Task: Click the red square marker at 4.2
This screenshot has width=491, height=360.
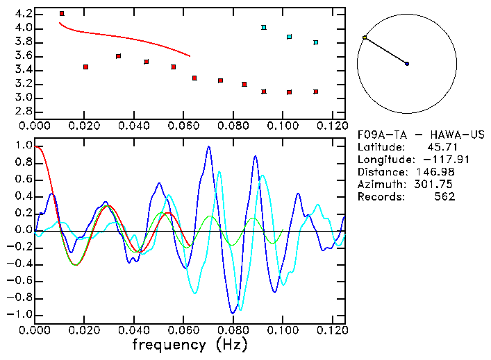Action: [x=62, y=13]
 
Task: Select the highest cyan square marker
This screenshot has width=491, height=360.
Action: [x=264, y=27]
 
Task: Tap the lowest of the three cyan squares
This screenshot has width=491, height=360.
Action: [x=315, y=42]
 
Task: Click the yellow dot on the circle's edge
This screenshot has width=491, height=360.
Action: [x=365, y=37]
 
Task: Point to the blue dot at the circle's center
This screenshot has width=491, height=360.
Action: [x=407, y=64]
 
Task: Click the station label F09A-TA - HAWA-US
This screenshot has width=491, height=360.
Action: [x=421, y=135]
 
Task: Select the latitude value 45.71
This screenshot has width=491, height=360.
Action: [x=441, y=147]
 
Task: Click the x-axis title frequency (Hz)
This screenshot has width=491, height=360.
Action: [x=188, y=343]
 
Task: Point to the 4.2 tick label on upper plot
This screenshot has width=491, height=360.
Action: [x=23, y=14]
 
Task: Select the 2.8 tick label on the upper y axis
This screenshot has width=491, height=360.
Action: [x=23, y=111]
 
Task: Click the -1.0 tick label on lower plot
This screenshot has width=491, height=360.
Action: [x=19, y=314]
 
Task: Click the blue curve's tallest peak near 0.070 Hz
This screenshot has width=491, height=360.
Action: [x=208, y=147]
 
